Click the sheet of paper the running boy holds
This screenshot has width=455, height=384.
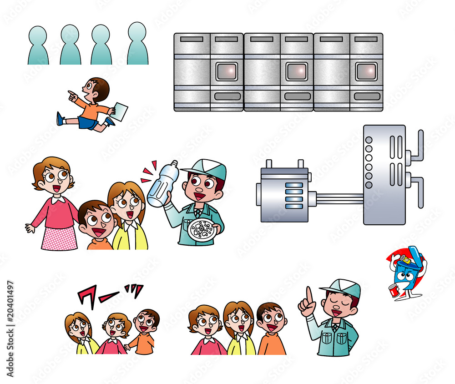pyautogui.click(x=120, y=112)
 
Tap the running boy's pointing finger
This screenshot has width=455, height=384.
pyautogui.click(x=71, y=94)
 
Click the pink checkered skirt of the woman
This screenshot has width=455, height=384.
pyautogui.click(x=59, y=237)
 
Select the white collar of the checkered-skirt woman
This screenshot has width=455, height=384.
pyautogui.click(x=57, y=199)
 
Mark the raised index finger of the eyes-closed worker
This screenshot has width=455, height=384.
pyautogui.click(x=309, y=294)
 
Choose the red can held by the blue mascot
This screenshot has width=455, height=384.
pyautogui.click(x=394, y=290)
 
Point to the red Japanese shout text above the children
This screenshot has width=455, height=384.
pyautogui.click(x=109, y=294)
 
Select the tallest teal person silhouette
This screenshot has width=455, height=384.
pyautogui.click(x=137, y=44)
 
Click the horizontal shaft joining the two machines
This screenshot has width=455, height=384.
pyautogui.click(x=339, y=198)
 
